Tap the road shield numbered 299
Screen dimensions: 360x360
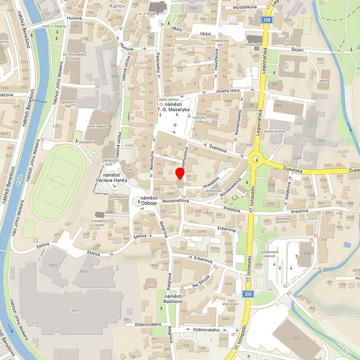click(x=268, y=19)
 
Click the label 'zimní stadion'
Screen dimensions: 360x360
click(x=97, y=127)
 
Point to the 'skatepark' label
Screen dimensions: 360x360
click(x=86, y=142)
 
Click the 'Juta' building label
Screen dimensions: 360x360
click(x=74, y=310)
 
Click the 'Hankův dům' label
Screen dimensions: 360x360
click(x=109, y=163)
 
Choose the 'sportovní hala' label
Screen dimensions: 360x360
click(x=68, y=104)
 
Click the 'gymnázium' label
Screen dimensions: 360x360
click(x=118, y=197)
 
